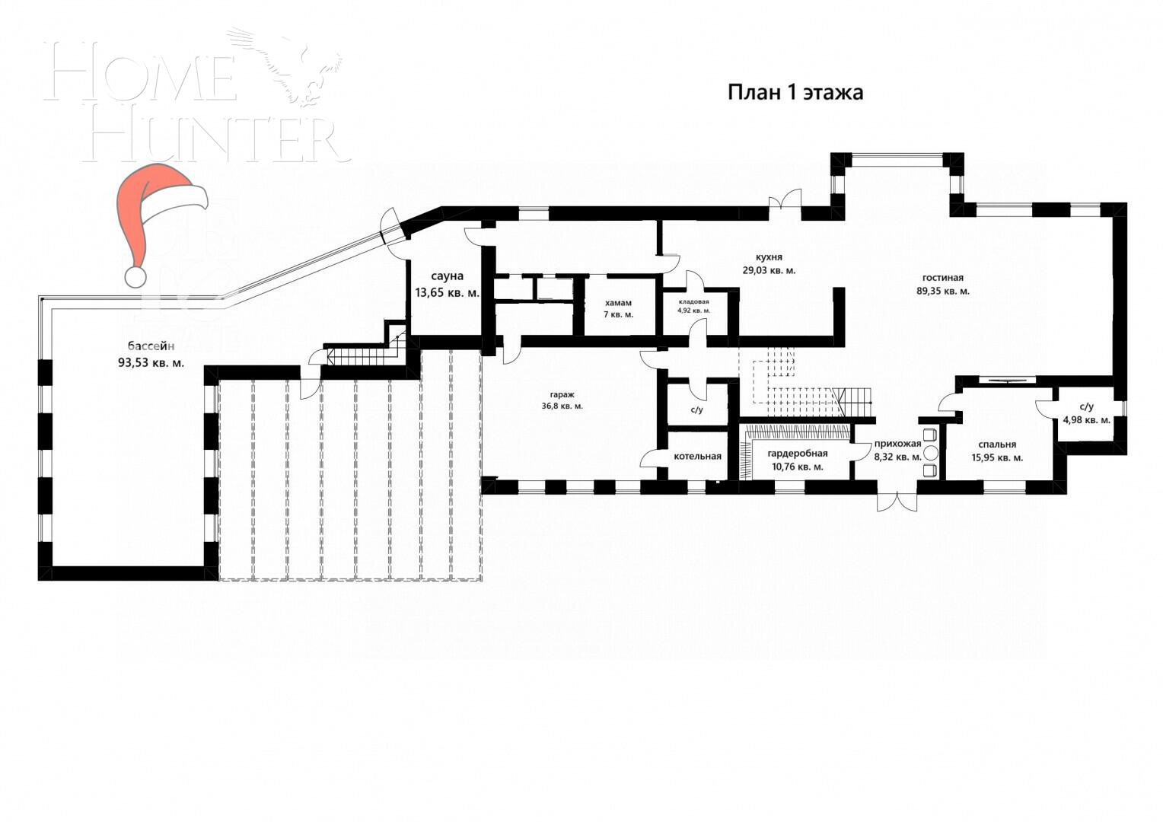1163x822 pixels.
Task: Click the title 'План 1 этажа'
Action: [795, 93]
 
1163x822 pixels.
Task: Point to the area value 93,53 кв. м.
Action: [151, 363]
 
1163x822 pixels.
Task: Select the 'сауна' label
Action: [447, 276]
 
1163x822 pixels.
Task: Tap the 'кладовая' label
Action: [693, 301]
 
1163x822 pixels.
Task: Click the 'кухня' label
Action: [769, 257]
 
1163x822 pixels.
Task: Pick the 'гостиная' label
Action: [942, 278]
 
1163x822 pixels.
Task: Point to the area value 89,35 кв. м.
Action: [942, 291]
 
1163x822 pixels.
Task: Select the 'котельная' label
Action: [697, 457]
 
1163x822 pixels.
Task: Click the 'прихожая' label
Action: [897, 444]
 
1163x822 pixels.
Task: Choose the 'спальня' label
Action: [997, 444]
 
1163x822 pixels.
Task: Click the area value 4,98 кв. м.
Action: [1086, 419]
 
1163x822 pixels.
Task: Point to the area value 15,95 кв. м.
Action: [997, 458]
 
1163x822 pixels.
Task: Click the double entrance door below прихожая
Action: [897, 502]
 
